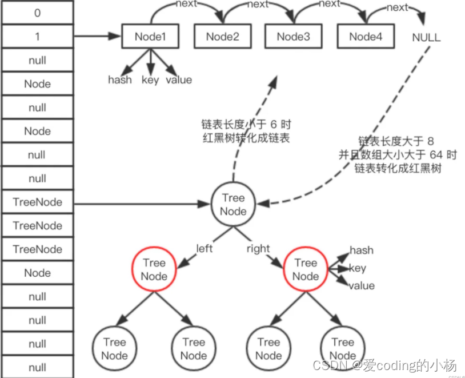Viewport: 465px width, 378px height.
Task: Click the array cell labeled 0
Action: (x=37, y=13)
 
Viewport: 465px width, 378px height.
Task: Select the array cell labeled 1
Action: (x=37, y=37)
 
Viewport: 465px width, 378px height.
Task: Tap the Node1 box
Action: (x=150, y=37)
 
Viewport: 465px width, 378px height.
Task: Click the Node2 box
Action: (x=222, y=37)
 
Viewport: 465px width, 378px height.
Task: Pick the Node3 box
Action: (x=293, y=37)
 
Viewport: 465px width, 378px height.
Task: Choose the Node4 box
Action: (x=364, y=37)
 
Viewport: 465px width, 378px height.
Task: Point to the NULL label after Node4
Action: (x=426, y=38)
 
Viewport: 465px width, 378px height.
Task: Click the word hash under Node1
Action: (x=119, y=80)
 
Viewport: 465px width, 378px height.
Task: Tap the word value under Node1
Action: (x=178, y=80)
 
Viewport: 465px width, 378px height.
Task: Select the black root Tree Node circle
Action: (x=233, y=205)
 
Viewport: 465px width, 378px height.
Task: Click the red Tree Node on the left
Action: (x=154, y=269)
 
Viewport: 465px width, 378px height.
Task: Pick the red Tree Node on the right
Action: (x=305, y=269)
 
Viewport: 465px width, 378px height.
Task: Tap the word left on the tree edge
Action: (x=204, y=249)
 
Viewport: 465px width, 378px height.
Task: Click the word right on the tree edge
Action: (x=258, y=249)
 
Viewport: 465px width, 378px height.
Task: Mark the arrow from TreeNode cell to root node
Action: (x=143, y=202)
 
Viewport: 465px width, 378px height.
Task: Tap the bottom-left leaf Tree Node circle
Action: (x=114, y=348)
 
